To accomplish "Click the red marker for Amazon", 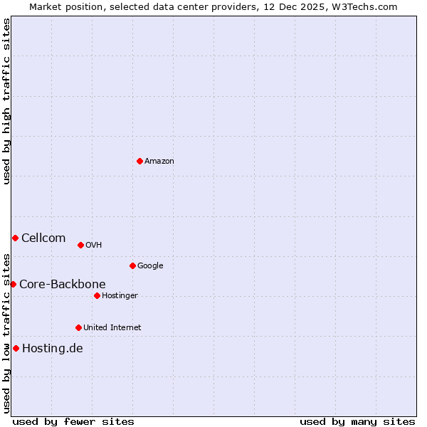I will (139, 161).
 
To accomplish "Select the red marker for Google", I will (132, 265).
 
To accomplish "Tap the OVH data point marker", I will (80, 245).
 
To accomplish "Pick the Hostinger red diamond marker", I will (97, 295).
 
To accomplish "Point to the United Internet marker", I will (78, 327).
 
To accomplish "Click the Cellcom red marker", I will (15, 238).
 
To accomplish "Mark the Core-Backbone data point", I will (13, 284).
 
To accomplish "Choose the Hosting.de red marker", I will (16, 348).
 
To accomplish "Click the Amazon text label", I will (159, 162).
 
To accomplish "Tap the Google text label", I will (150, 266).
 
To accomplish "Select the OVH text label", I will (93, 246).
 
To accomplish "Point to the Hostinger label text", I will (120, 296).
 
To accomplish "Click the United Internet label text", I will (112, 328).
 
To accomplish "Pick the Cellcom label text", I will (43, 238).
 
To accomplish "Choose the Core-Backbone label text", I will (62, 285).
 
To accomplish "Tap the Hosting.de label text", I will (52, 349).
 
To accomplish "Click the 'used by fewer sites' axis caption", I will (73, 421).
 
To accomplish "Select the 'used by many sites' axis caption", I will (357, 421).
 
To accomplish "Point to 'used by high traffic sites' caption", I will (6, 101).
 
